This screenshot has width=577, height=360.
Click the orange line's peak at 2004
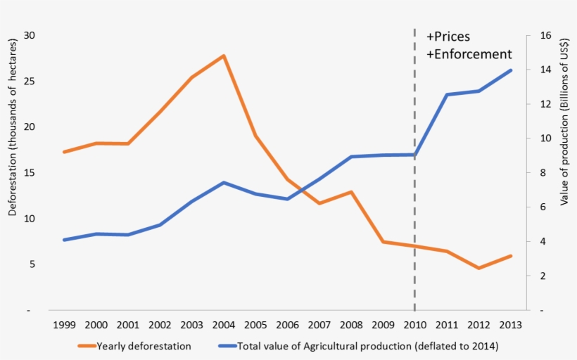click(x=223, y=56)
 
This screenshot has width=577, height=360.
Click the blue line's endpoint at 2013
click(x=511, y=70)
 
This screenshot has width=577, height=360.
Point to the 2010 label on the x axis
click(x=414, y=325)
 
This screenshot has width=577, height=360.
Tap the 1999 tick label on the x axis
click(x=64, y=325)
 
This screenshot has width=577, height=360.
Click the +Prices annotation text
click(x=448, y=37)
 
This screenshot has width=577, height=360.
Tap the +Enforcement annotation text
click(x=469, y=54)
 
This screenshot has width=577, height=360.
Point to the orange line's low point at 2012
click(x=478, y=268)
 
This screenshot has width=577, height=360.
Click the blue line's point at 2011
click(x=447, y=94)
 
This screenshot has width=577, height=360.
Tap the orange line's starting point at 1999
click(x=64, y=152)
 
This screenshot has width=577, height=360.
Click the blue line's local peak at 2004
click(x=223, y=183)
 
